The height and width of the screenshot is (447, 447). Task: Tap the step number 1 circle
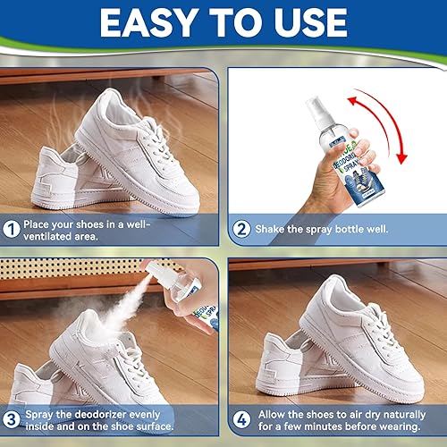pos(12,229)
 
